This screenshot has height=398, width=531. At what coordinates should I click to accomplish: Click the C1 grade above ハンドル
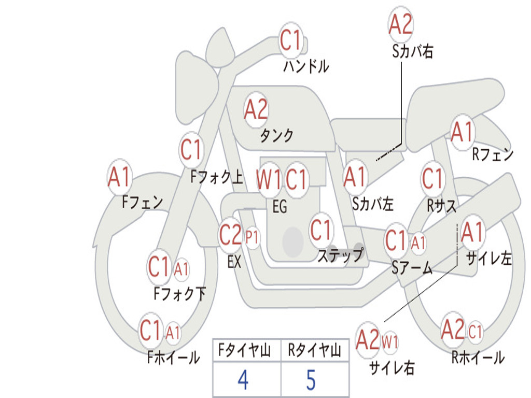point(291,40)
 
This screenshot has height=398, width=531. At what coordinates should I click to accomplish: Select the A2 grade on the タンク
point(256,109)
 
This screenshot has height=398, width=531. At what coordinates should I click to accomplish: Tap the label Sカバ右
point(413,52)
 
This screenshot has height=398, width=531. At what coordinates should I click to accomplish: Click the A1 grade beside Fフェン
point(120,177)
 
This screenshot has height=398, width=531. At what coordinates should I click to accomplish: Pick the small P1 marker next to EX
point(253,237)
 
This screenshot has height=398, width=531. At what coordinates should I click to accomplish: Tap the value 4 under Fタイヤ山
point(243,380)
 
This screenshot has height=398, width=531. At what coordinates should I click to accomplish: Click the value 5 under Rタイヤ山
point(311,380)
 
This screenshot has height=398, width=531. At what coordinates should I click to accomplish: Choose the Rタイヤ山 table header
point(314,351)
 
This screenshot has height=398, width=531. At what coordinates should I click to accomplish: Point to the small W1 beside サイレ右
point(390,342)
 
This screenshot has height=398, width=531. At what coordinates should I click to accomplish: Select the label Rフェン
point(492,154)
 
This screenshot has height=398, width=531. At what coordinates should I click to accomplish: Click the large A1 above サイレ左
point(472,233)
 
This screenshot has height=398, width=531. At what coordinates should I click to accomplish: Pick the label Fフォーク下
point(179,294)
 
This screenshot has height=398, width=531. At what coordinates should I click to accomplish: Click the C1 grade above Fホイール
point(151,330)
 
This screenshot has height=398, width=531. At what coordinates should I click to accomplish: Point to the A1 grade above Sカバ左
point(355,177)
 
